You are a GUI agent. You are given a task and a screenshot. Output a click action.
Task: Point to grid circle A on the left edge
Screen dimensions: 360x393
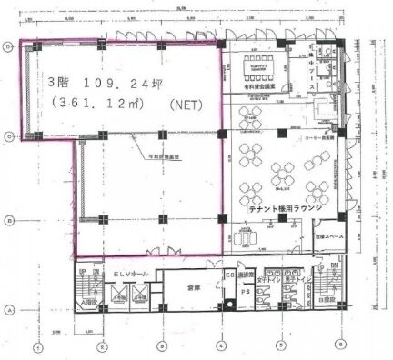(x=9, y=309)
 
